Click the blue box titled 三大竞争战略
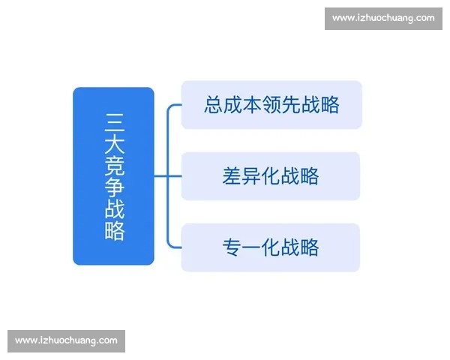pos(113,176)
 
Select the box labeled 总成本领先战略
pos(271,104)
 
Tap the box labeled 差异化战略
pos(271,176)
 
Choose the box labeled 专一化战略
pos(271,247)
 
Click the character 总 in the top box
pos(214,105)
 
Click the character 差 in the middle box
pos(232,176)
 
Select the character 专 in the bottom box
pos(232,247)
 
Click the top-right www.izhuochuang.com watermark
pos(382,18)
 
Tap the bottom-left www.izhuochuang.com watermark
pos(66,340)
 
